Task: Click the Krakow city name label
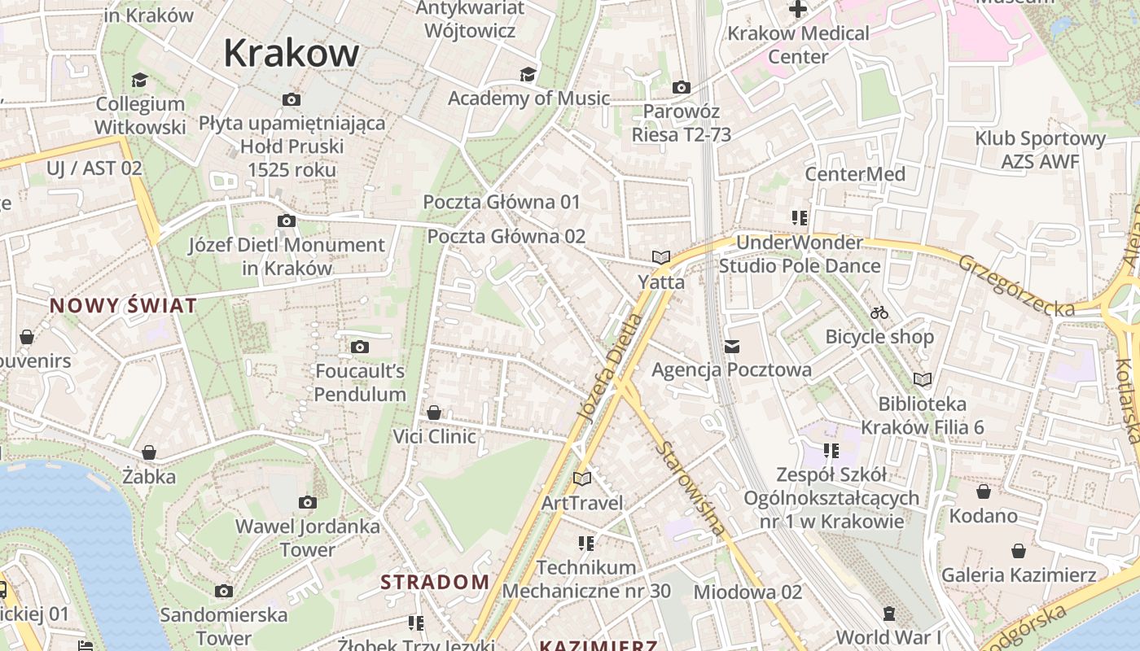point(291,53)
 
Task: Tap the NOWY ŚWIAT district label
point(123,306)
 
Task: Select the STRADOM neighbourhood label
point(435,582)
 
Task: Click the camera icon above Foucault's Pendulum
point(359,347)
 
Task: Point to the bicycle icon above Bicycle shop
point(879,312)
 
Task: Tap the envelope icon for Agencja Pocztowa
point(731,347)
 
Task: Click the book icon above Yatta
point(660,257)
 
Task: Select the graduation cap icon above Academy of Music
point(528,75)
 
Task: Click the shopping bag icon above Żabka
point(149,452)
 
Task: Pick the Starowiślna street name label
point(691,489)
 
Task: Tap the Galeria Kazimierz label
point(1019,575)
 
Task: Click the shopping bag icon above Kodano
point(983,492)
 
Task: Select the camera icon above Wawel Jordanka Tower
point(307,502)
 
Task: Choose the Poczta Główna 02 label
point(506,237)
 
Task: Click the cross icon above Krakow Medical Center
point(797,10)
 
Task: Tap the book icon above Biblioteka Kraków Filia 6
point(922,379)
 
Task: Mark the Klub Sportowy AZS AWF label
point(1040,150)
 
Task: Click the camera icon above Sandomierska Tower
point(224,591)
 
